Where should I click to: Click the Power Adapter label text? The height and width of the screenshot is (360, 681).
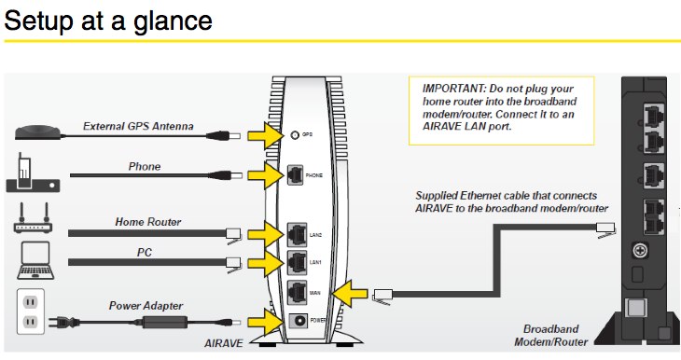[146, 305]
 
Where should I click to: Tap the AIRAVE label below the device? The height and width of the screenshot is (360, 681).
[225, 344]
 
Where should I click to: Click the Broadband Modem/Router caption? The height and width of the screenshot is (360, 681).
[560, 337]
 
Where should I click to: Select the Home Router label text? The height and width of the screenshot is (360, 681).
[147, 222]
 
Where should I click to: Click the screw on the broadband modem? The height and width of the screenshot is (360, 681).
[642, 250]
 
